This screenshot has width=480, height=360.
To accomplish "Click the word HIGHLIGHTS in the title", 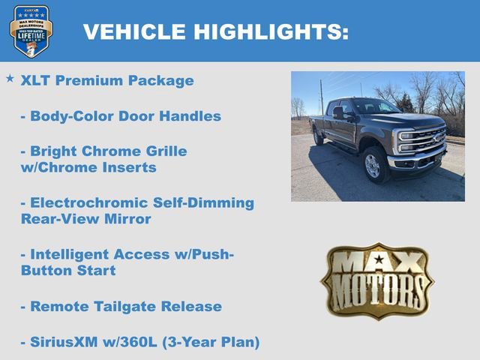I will coord(271,31).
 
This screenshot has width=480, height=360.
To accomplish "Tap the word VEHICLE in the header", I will coord(134,31).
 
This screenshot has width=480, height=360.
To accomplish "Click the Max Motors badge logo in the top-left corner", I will coord(31,31).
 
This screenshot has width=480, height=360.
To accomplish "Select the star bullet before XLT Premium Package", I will coord(10,78).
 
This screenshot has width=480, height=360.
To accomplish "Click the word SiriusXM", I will coord(67,342).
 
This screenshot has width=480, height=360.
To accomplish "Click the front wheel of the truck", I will coord(373,166).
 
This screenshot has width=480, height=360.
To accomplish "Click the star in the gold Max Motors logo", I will coord(377,260).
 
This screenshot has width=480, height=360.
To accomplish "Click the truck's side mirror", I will coord(338,112).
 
